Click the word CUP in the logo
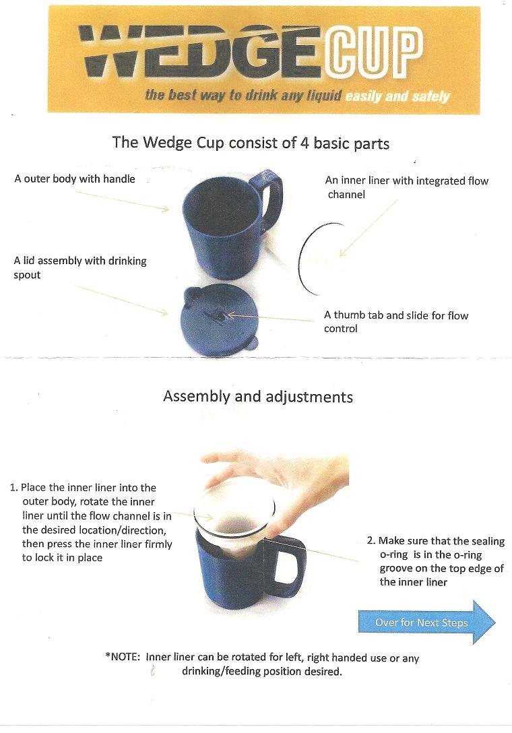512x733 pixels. tap(375, 55)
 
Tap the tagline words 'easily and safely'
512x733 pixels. tap(397, 96)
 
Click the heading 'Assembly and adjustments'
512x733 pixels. tap(257, 396)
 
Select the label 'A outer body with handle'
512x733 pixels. tap(75, 179)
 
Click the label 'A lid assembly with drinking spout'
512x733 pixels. tap(79, 267)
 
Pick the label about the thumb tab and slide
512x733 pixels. tap(396, 321)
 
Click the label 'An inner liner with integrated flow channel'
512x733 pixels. tap(406, 187)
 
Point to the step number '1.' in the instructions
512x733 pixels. tap(13, 488)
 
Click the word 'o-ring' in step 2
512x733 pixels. tap(391, 554)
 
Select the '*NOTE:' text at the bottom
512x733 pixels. tap(122, 658)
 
